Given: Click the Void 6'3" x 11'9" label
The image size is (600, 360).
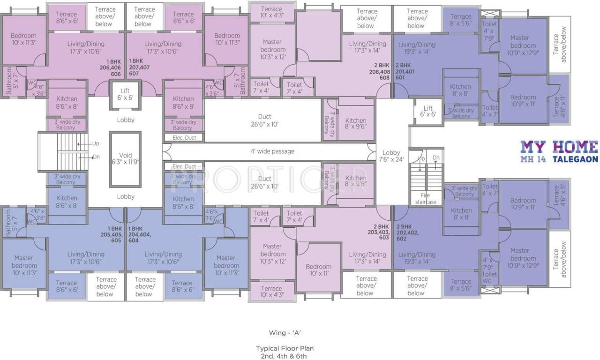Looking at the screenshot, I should [125, 158].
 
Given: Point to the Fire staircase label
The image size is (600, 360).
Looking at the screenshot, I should [425, 198].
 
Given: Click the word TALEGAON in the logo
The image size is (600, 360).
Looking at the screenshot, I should [575, 159].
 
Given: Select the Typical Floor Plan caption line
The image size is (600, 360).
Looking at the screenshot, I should [285, 348].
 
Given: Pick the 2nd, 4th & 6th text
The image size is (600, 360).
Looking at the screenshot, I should [285, 356].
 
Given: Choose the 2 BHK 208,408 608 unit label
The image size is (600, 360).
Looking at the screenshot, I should [380, 71].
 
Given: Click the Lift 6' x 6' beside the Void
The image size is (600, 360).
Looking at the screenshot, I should [125, 94].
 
